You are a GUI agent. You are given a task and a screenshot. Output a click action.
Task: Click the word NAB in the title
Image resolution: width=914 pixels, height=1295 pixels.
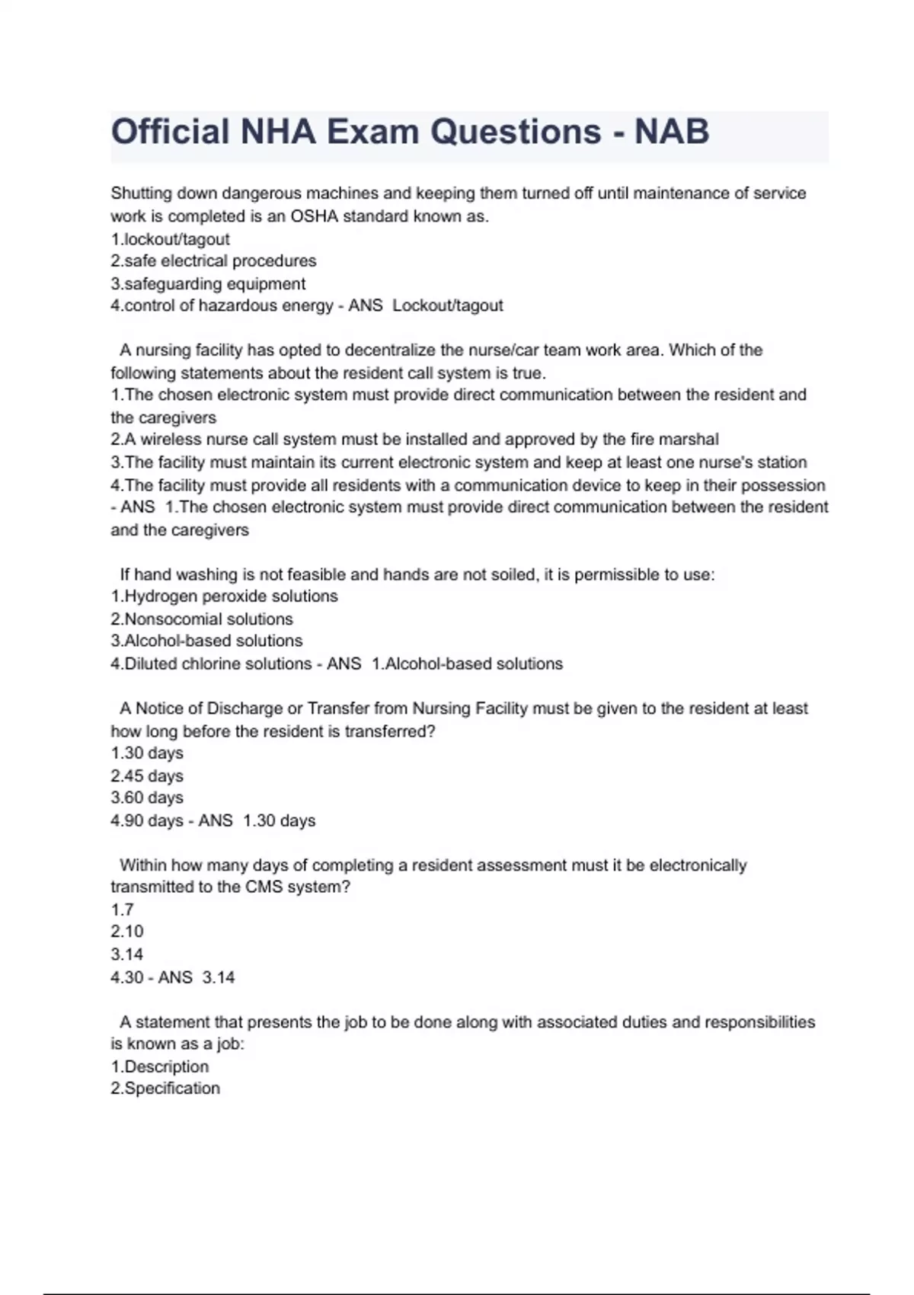[x=672, y=132]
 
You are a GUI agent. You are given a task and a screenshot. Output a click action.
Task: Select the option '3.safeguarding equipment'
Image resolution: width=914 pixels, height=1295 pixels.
[x=208, y=284]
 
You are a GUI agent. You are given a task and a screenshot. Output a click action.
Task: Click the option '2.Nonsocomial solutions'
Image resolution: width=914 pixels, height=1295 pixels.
[x=202, y=619]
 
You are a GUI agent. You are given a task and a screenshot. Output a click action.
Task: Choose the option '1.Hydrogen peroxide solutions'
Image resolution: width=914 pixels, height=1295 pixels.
[x=224, y=596]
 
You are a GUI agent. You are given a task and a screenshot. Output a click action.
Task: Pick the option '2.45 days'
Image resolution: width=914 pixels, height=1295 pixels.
[x=147, y=776]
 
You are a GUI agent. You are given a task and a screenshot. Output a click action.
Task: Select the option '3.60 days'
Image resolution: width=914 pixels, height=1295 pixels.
[x=147, y=798]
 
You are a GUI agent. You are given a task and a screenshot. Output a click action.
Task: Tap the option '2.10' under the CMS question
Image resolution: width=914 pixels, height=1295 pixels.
[x=127, y=932]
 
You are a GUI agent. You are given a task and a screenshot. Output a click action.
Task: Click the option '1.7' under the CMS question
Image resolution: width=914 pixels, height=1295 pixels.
[x=123, y=910]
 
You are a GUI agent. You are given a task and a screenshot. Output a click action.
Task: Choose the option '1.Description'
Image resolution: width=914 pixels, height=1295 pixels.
[x=159, y=1066]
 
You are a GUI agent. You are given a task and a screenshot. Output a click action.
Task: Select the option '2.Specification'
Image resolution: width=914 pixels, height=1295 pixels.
[x=165, y=1089]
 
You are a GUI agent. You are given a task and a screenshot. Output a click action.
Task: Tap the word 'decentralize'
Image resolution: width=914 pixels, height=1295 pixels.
[x=391, y=350]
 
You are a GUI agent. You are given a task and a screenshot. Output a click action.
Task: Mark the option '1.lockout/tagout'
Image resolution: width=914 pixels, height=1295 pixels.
[x=170, y=239]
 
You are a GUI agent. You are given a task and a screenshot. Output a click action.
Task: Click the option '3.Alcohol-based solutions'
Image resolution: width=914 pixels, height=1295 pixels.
[x=206, y=641]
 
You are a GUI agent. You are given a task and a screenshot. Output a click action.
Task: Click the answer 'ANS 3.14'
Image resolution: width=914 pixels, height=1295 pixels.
[x=197, y=977]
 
